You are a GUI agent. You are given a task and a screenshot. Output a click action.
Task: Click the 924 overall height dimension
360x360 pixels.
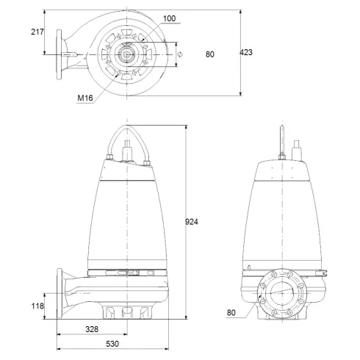pos(192,221)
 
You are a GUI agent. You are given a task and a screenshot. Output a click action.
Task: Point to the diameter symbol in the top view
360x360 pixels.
pos(179,53)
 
